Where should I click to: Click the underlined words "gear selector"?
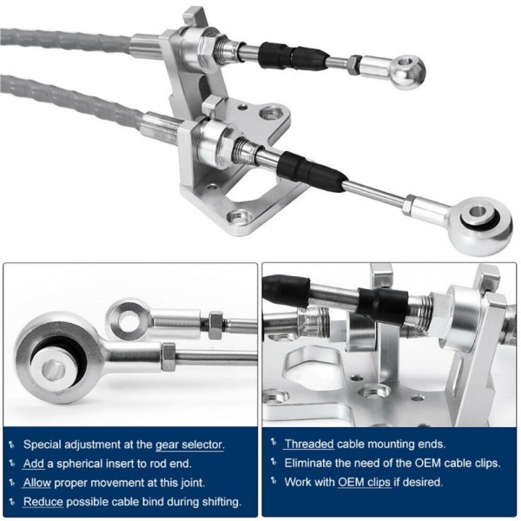(189, 445)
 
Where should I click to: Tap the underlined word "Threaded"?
(309, 444)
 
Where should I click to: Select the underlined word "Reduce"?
(43, 501)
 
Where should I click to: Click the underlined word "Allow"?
(37, 483)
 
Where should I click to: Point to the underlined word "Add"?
(34, 464)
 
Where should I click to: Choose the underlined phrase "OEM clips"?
(364, 482)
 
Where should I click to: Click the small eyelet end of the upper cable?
(408, 71)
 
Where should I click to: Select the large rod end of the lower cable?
(479, 225)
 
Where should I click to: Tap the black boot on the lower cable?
(310, 170)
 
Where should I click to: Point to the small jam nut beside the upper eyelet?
(354, 65)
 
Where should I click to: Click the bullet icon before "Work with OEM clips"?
(274, 480)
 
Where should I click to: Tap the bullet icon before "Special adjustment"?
(12, 445)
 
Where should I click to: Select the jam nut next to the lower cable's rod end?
(409, 204)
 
